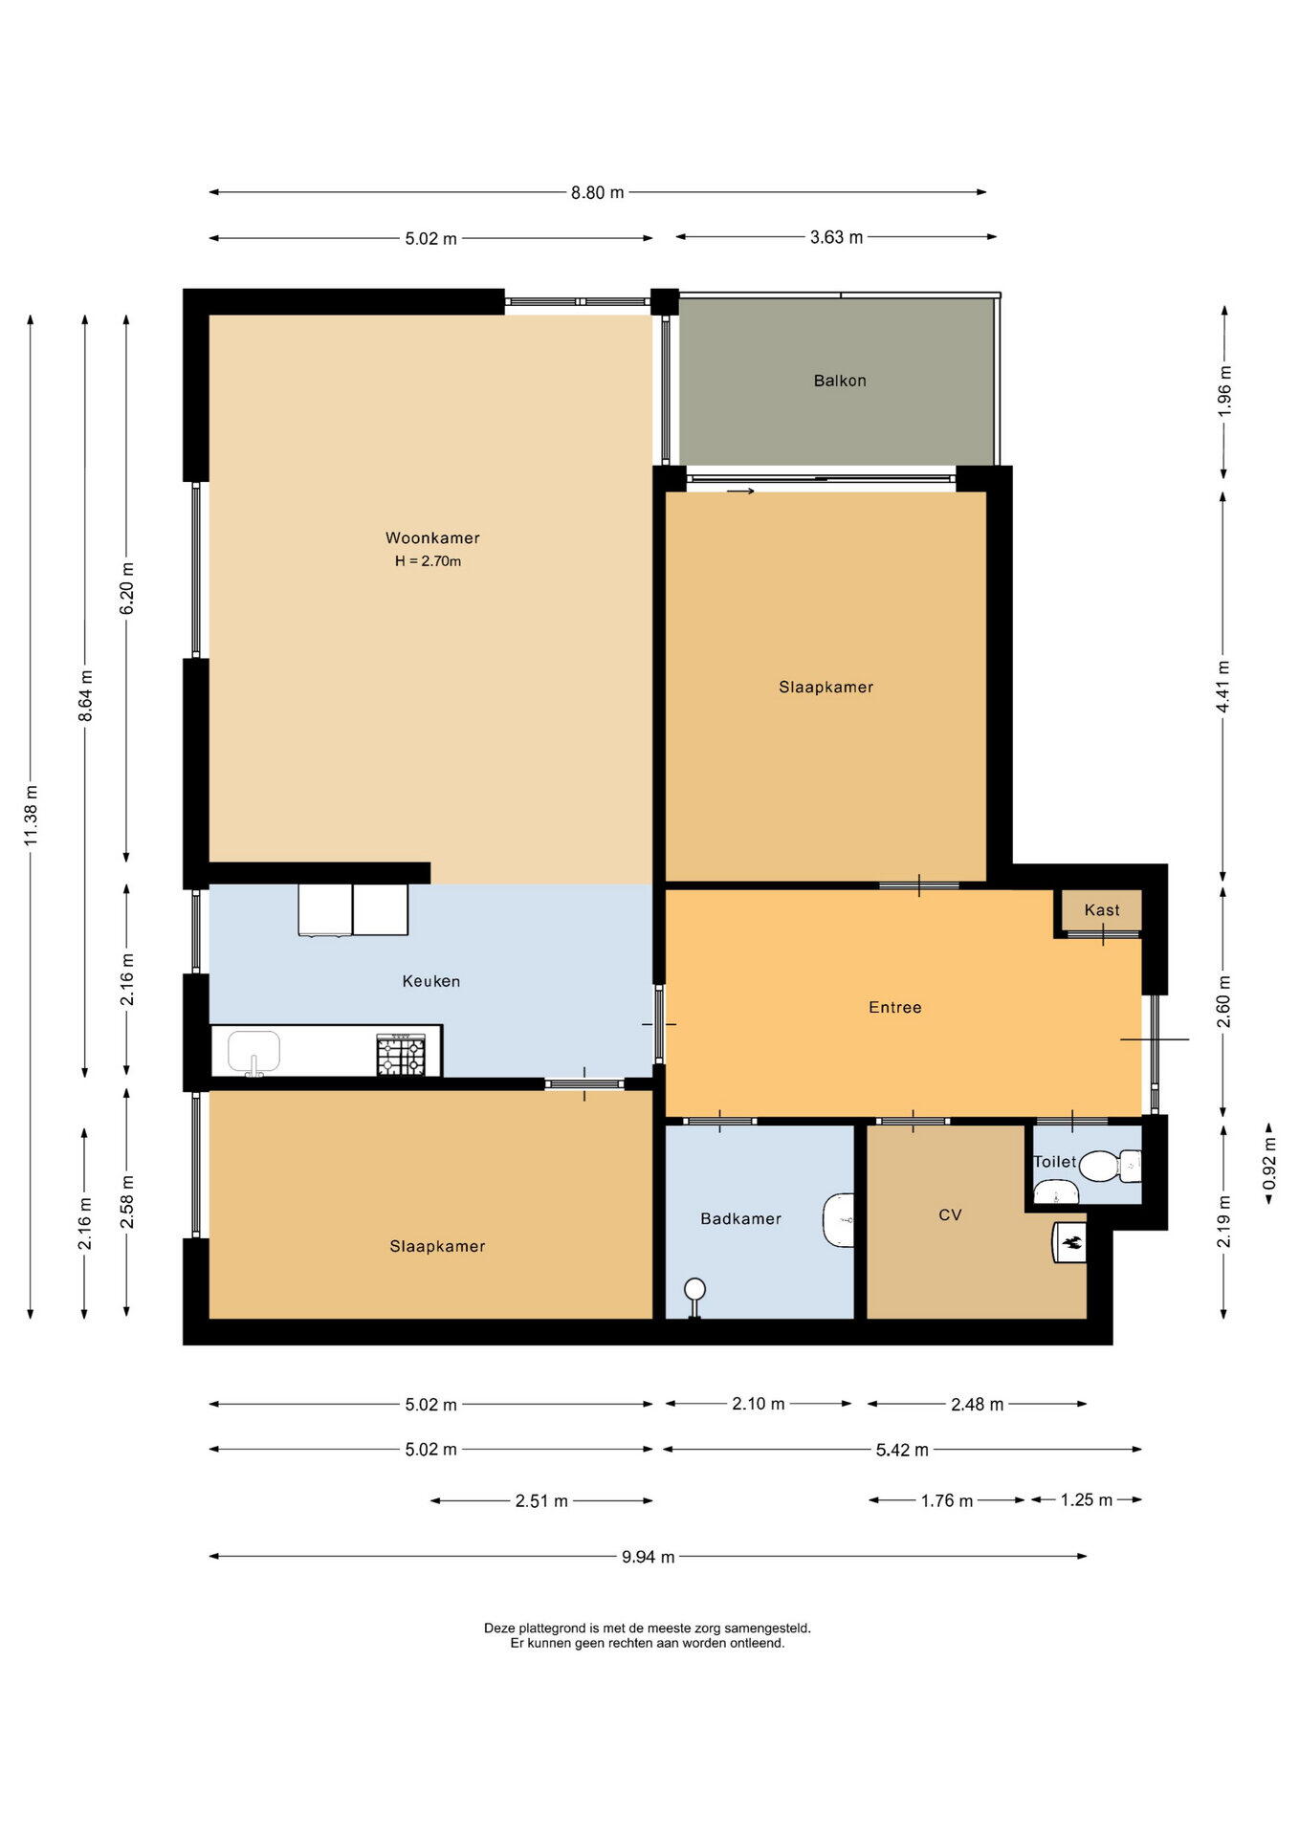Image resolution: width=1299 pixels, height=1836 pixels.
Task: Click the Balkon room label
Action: tap(840, 381)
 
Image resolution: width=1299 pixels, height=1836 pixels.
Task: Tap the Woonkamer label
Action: tap(432, 538)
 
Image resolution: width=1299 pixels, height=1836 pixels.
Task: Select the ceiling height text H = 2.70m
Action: tap(429, 561)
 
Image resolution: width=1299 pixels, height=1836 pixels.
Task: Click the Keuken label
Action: tap(431, 981)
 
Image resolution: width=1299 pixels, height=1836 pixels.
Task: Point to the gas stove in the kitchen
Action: tap(401, 1055)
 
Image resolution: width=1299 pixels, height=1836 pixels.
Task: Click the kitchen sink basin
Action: tap(253, 1051)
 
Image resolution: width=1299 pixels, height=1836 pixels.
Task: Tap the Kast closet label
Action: tap(1102, 910)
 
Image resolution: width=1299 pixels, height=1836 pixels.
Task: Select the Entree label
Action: tap(895, 1007)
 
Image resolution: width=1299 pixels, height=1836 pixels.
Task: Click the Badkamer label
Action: tap(741, 1218)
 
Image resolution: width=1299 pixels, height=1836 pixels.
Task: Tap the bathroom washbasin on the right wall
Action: tap(839, 1219)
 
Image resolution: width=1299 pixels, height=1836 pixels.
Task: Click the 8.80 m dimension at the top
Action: tap(598, 192)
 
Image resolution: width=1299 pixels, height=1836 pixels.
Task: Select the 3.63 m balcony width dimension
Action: tap(837, 237)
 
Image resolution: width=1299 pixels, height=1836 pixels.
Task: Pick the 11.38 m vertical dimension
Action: tap(31, 815)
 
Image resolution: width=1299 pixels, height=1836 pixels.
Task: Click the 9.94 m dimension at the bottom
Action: tap(649, 1557)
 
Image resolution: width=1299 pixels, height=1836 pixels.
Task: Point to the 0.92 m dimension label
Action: tap(1270, 1163)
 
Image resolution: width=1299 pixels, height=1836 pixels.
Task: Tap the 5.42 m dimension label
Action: tap(903, 1450)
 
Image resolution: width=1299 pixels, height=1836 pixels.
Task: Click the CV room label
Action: tap(950, 1214)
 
